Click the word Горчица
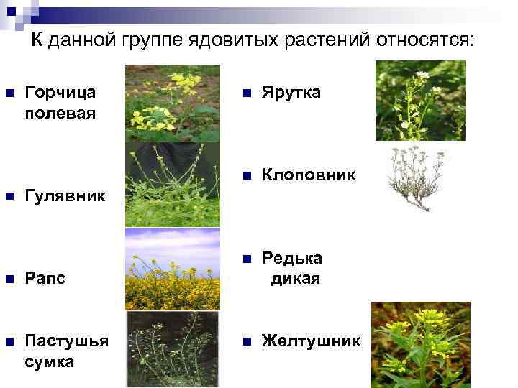(61, 93)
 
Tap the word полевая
(60, 113)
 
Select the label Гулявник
(64, 195)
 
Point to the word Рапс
(45, 278)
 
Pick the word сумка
(49, 361)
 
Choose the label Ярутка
(291, 93)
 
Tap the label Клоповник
(309, 175)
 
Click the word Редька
(292, 258)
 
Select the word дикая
(295, 278)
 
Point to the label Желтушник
(311, 340)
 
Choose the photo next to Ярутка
(420, 101)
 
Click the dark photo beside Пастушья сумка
(173, 349)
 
